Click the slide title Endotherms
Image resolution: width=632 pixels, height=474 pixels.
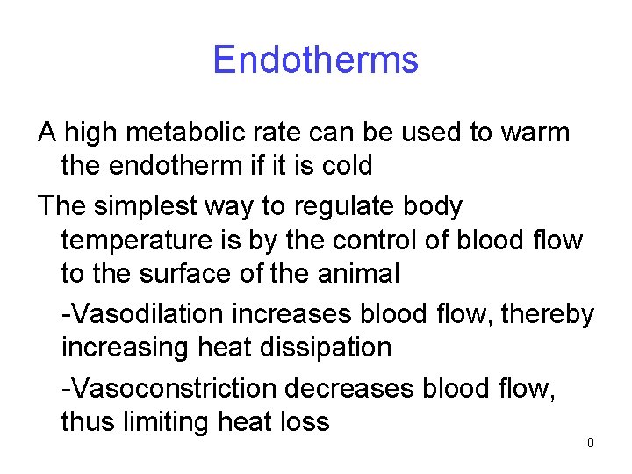315,61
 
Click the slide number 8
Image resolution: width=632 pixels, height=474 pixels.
590,443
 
